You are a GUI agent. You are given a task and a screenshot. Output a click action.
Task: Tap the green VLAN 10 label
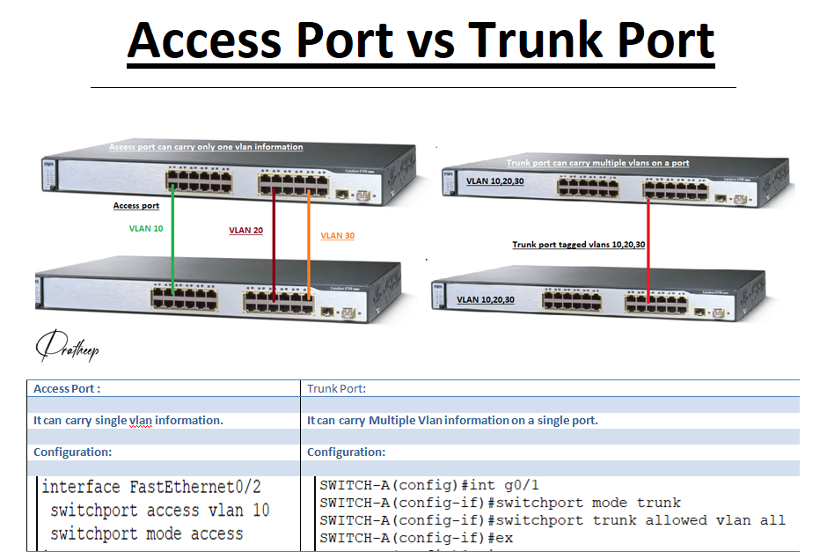pyautogui.click(x=146, y=228)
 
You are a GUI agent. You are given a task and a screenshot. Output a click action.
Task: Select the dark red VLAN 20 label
pyautogui.click(x=246, y=231)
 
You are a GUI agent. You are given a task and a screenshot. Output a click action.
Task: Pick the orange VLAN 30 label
pyautogui.click(x=338, y=236)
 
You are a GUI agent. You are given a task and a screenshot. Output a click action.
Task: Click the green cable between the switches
pyautogui.click(x=172, y=246)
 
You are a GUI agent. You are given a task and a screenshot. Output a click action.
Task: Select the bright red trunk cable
pyautogui.click(x=648, y=264)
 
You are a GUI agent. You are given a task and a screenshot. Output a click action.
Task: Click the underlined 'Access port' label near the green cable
pyautogui.click(x=136, y=206)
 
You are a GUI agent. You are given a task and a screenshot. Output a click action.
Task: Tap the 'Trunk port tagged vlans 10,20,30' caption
pyautogui.click(x=579, y=245)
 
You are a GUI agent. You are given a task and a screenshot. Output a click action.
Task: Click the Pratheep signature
pyautogui.click(x=67, y=349)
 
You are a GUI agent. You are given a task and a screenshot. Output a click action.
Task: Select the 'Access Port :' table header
pyautogui.click(x=67, y=388)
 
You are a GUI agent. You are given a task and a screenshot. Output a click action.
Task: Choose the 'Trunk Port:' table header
pyautogui.click(x=336, y=388)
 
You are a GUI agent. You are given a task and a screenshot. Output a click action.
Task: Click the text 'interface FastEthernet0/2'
pyautogui.click(x=151, y=487)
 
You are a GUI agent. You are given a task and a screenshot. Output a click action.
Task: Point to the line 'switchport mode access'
pyautogui.click(x=146, y=533)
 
